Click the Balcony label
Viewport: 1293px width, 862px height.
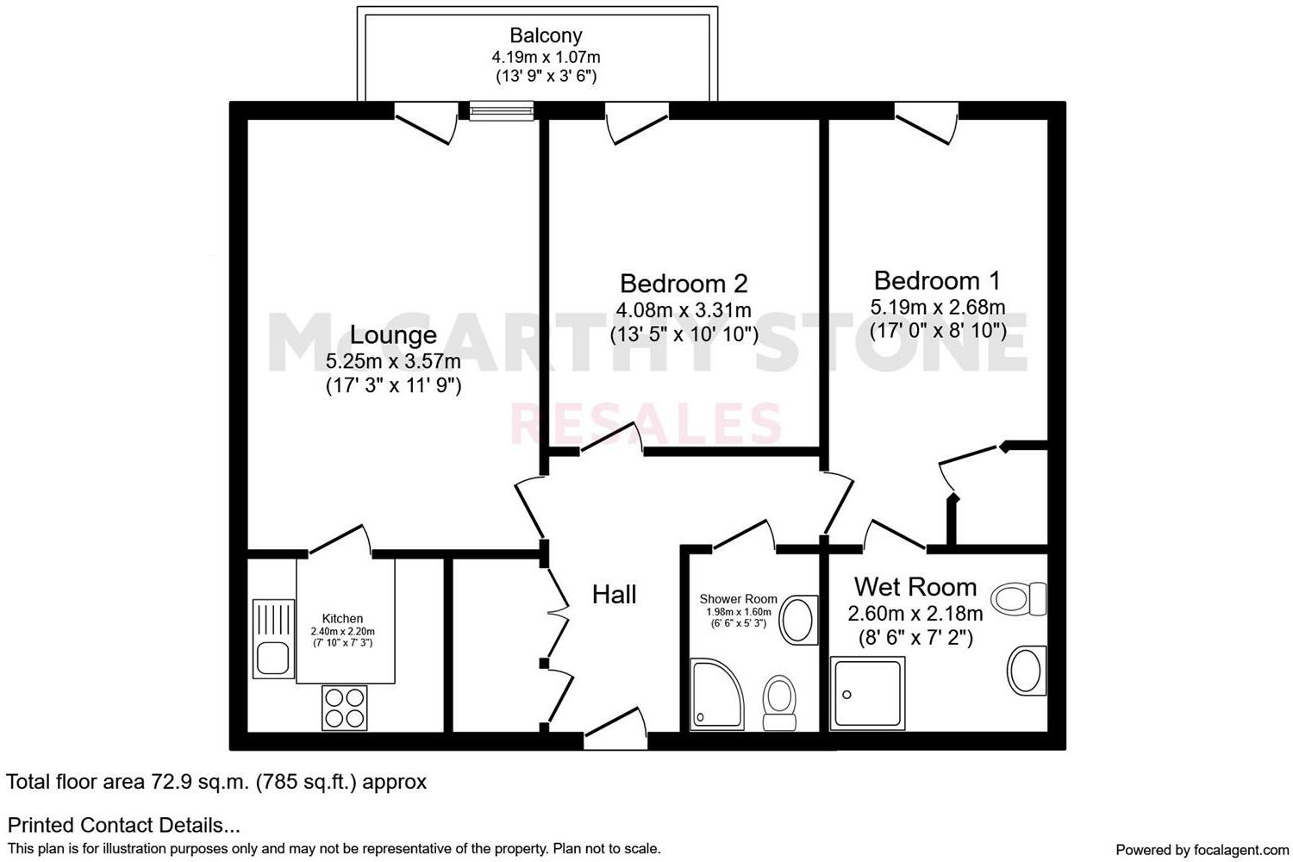(546, 35)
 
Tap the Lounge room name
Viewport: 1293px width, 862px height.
(393, 334)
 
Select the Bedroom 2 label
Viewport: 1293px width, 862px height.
(684, 283)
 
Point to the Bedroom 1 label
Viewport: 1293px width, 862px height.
(937, 280)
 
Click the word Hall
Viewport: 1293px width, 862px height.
(614, 594)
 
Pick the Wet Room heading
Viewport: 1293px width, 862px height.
(915, 587)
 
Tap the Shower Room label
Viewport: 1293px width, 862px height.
(738, 599)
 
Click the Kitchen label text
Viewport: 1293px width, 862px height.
(342, 618)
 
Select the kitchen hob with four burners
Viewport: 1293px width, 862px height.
(344, 707)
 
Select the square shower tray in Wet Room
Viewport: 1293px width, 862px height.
(868, 692)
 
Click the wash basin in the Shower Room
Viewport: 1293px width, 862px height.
(799, 620)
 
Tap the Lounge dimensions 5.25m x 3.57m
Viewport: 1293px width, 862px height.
(393, 361)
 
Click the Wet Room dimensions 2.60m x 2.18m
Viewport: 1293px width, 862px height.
(915, 614)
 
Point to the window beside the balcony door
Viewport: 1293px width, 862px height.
(502, 110)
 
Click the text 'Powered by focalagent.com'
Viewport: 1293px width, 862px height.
(1202, 850)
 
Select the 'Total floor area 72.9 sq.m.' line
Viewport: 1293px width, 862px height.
(216, 782)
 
